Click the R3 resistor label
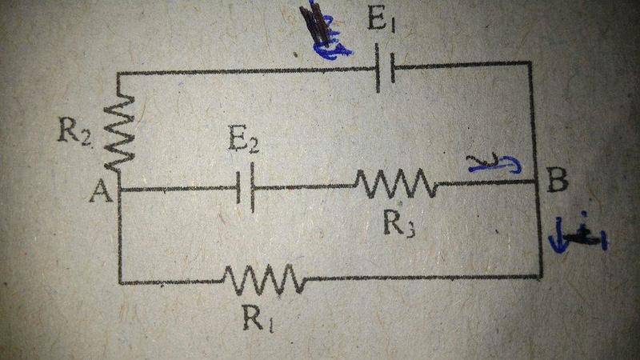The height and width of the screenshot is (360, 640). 397,224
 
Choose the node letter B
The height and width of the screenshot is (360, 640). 558,182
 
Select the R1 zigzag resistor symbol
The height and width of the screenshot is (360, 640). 264,281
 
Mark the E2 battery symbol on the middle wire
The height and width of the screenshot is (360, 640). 247,189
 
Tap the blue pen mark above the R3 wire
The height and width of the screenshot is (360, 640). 494,165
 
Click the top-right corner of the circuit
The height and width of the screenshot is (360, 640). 530,62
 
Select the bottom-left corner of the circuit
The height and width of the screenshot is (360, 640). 119,282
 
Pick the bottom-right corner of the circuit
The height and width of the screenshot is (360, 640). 541,276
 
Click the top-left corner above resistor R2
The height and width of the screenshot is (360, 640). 118,74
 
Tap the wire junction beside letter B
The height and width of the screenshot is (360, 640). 535,182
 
